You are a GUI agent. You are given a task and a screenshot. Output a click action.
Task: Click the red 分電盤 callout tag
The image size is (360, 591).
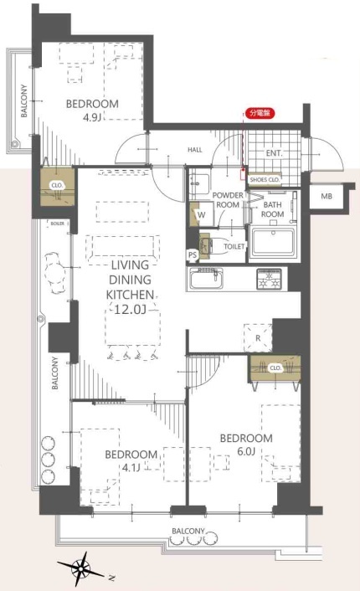260,113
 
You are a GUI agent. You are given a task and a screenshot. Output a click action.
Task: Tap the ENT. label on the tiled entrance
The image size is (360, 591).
274,153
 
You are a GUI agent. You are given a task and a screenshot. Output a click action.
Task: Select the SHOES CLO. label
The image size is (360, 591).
265,180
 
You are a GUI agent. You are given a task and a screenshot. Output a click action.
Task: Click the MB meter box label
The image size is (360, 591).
327,196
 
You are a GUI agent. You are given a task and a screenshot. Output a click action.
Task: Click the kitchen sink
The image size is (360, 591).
207,279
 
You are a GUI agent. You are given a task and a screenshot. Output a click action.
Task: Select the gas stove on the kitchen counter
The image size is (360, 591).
269,279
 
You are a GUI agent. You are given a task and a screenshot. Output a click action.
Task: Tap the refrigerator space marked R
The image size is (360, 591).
258,337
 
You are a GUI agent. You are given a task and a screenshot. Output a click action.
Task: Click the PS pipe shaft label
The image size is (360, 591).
193,255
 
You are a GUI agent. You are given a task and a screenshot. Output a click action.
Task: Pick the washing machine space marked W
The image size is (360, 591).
201,215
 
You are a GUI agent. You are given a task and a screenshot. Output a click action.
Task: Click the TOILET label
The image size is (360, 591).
234,246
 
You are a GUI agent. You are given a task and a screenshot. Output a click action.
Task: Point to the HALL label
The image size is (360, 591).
195,150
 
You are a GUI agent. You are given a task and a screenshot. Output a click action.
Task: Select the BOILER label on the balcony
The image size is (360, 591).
57,224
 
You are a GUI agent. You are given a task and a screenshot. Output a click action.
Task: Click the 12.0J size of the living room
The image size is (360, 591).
130,310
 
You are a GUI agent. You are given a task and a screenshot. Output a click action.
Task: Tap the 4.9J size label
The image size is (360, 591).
92,118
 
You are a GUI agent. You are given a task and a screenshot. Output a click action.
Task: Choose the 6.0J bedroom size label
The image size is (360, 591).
246,451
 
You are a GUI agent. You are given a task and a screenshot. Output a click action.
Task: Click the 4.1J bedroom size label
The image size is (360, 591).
131,468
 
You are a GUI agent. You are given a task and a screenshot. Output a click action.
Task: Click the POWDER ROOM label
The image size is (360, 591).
228,200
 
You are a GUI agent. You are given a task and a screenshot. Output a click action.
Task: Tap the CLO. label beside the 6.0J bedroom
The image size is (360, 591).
275,367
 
